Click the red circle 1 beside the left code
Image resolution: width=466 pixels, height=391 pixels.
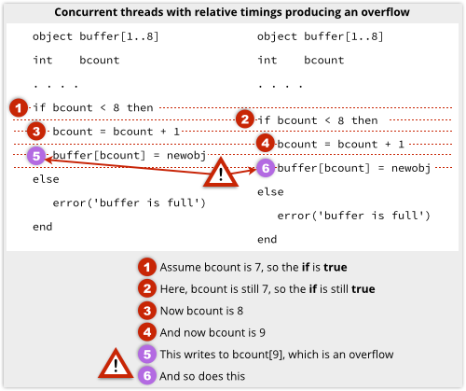coord(19,107)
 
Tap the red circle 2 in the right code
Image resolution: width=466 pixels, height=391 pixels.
coord(245,119)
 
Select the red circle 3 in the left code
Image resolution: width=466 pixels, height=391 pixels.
coord(36,132)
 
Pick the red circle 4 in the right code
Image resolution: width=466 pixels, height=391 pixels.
coord(266,144)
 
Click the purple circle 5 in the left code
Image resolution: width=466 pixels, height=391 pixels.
coord(36,156)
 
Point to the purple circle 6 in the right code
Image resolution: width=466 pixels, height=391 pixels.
coord(266,168)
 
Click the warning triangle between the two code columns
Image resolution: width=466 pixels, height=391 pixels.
coord(221,173)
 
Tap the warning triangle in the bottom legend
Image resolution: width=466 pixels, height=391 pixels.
coord(116,364)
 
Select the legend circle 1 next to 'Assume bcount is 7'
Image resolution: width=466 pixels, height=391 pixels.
coord(147,267)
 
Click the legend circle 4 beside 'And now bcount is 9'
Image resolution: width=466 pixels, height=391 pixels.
coord(147,332)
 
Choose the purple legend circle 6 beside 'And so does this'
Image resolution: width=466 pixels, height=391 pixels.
coord(147,376)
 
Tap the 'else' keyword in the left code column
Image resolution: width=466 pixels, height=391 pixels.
coord(46,179)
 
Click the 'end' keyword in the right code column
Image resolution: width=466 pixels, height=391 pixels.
coord(267,240)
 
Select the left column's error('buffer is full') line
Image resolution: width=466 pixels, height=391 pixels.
coord(129,202)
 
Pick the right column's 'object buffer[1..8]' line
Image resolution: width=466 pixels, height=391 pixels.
coord(320,36)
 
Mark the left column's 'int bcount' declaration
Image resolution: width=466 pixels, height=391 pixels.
coord(76,60)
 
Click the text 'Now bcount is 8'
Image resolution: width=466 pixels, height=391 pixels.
coord(201,311)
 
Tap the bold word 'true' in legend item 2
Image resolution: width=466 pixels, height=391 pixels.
coord(363,289)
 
